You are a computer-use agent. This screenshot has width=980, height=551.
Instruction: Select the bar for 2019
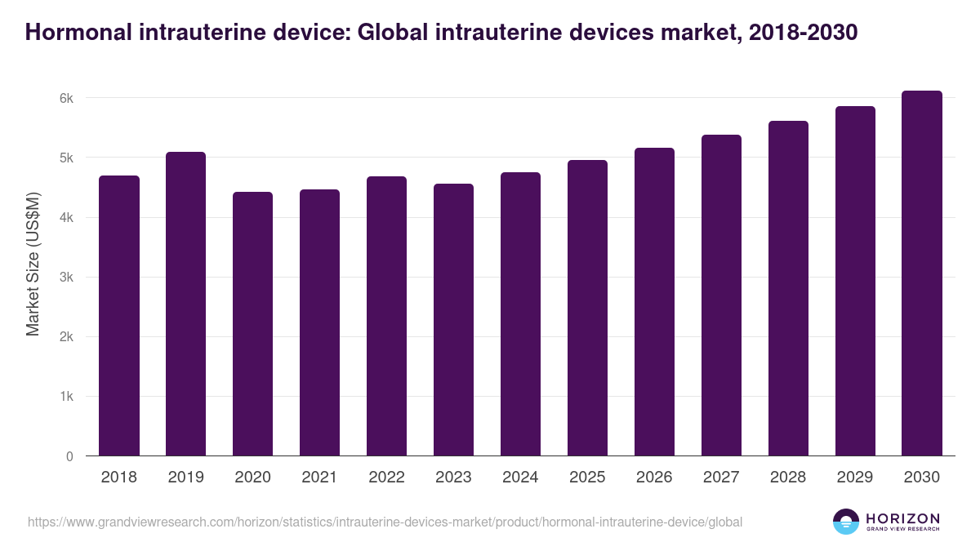(x=185, y=304)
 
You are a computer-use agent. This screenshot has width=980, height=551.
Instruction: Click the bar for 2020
(x=252, y=324)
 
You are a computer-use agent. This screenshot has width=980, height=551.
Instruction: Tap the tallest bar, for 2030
(x=922, y=273)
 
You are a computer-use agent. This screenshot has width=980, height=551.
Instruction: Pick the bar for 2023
(x=453, y=320)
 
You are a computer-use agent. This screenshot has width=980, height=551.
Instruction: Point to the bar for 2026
(x=654, y=302)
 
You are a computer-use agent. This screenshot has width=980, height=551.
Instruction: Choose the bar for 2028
(x=788, y=288)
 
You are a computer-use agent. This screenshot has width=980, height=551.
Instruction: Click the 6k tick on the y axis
(x=66, y=98)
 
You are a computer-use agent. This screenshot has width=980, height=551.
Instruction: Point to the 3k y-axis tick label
(x=66, y=278)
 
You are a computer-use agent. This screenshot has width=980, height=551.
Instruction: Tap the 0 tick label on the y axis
(x=69, y=456)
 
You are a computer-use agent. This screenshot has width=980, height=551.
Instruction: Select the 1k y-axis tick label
(x=66, y=397)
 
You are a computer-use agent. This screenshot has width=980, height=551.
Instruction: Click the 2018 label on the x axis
(x=118, y=478)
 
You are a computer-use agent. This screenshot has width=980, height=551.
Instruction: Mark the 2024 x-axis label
(x=520, y=478)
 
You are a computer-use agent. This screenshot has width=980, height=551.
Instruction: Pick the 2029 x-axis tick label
(x=855, y=478)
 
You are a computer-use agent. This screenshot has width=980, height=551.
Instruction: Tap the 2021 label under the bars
(x=319, y=478)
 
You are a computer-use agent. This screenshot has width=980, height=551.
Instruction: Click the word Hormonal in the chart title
(x=72, y=33)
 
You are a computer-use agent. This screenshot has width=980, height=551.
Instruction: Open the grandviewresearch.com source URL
(x=385, y=522)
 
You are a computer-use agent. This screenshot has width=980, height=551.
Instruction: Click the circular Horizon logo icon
(x=845, y=522)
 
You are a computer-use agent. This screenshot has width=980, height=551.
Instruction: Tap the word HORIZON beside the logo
(x=902, y=518)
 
